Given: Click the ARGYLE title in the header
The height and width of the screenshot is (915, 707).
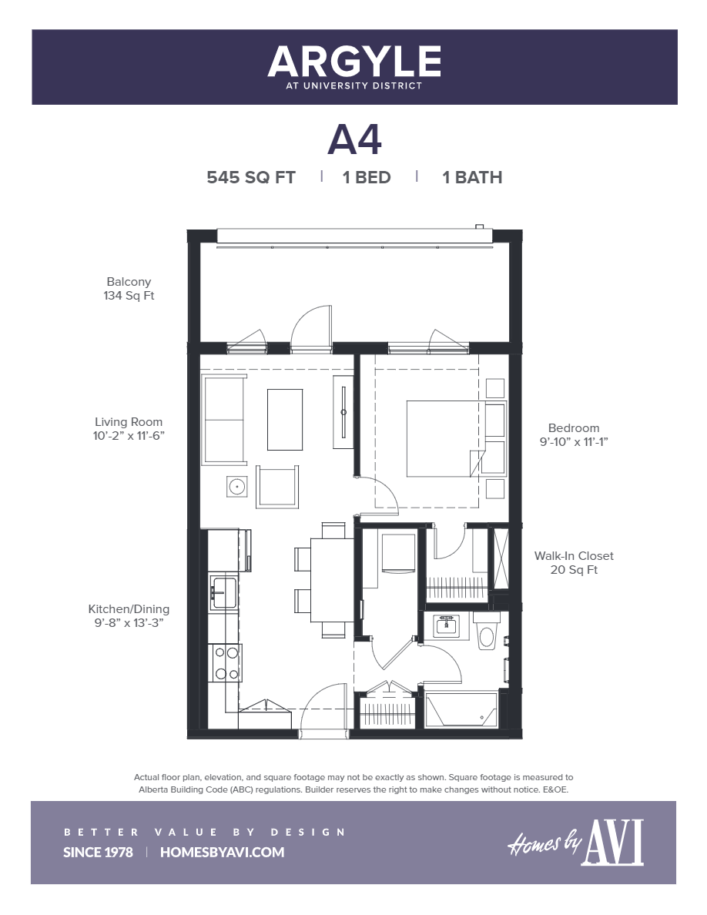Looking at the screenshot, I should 354,62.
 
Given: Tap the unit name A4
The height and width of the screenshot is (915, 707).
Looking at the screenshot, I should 354,139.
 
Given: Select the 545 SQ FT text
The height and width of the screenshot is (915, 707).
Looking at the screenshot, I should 251,177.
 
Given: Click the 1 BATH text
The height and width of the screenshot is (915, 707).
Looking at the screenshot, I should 472,177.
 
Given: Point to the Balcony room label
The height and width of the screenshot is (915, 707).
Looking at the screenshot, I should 129,282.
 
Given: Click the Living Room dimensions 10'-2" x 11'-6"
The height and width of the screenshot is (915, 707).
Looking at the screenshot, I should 129,435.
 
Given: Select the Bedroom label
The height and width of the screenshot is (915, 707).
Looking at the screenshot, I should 573,428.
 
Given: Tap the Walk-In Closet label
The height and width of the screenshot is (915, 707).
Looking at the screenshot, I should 574,555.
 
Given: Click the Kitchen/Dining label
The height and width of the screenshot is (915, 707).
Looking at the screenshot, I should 129,608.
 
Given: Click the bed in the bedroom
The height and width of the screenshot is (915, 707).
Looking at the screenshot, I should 442,438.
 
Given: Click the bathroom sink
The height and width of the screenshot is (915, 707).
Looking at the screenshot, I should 446,626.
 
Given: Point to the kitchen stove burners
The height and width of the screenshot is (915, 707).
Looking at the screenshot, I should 226,663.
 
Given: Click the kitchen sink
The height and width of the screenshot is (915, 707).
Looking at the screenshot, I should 224,592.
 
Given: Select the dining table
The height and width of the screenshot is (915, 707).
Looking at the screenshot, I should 332,579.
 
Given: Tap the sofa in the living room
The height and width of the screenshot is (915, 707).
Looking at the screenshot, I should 223,419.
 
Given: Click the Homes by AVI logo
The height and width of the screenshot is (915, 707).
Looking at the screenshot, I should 575,843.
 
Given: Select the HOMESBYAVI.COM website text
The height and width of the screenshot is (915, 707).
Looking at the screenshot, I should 222,852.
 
